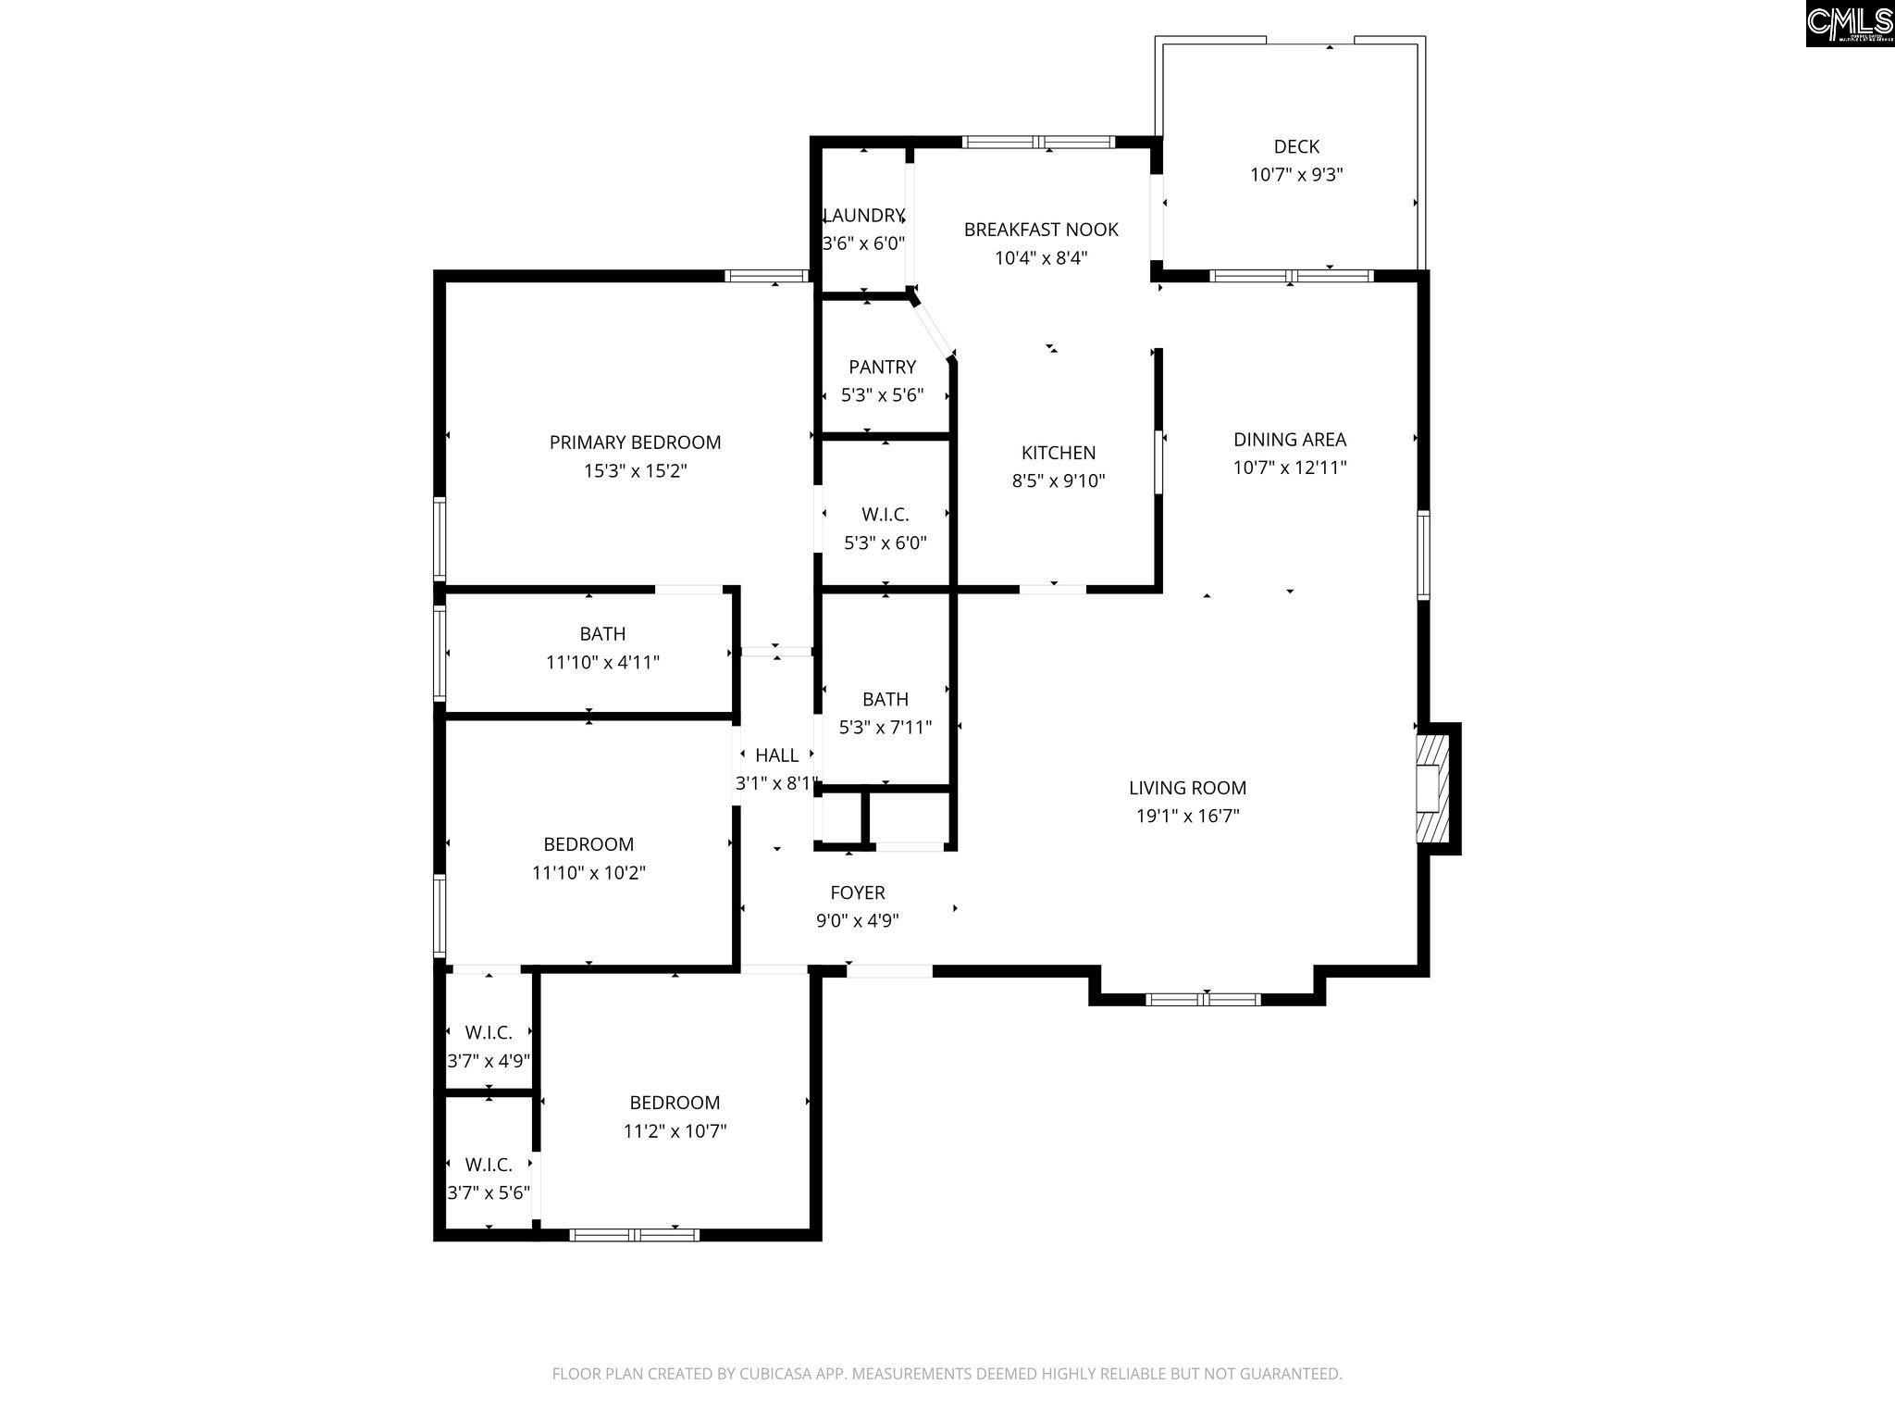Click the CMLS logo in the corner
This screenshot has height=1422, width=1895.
[1849, 23]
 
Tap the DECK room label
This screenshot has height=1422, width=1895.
[1296, 146]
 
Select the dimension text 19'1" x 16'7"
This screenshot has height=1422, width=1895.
[1188, 817]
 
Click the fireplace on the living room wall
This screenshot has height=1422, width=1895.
[1437, 789]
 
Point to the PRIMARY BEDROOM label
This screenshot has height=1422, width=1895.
[635, 443]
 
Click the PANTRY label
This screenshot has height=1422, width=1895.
[883, 367]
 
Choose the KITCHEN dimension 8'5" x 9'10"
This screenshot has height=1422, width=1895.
[1059, 481]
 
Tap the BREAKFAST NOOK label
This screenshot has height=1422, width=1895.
[1041, 230]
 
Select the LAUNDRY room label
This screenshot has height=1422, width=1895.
[863, 216]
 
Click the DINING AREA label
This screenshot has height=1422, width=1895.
[1290, 440]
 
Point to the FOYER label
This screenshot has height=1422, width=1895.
[858, 892]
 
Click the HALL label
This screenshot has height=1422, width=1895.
[777, 755]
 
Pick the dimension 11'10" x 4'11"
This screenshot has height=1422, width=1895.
[602, 663]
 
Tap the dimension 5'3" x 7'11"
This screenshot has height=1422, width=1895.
[886, 728]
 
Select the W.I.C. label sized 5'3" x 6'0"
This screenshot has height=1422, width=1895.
[886, 515]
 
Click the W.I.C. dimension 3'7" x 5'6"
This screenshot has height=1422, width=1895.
[489, 1192]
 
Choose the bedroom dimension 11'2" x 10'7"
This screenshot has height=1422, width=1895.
[675, 1131]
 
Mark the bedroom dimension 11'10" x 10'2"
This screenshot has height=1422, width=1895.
[588, 873]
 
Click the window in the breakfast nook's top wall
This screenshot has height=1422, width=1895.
[1038, 143]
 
